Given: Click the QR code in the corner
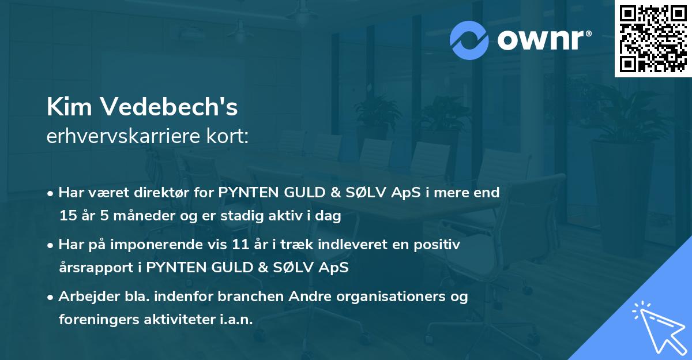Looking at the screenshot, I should pyautogui.click(x=653, y=39).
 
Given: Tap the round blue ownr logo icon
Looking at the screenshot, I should pyautogui.click(x=469, y=40).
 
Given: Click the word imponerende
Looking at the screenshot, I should pyautogui.click(x=157, y=245).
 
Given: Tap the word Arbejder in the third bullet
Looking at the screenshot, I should pyautogui.click(x=85, y=297).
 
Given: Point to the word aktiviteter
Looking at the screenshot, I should pyautogui.click(x=174, y=320).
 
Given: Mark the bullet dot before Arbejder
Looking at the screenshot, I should pyautogui.click(x=51, y=297).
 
